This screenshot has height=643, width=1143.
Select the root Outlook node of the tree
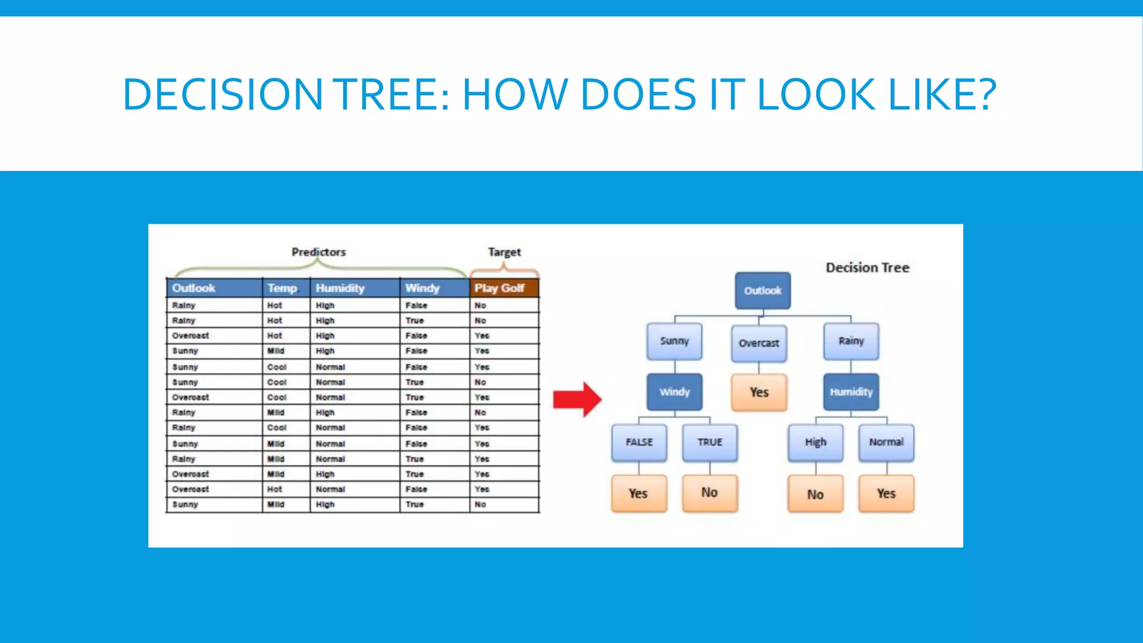point(762,291)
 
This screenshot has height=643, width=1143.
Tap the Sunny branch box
point(674,341)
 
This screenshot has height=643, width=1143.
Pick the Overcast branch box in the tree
point(759,343)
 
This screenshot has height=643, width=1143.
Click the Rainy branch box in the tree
point(851,341)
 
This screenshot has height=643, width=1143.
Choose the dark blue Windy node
point(674,392)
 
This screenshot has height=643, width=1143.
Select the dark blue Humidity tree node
point(851,392)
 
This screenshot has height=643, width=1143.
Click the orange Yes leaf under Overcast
point(759,392)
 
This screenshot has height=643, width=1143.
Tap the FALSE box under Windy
point(639,442)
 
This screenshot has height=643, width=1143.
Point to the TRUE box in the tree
point(709,442)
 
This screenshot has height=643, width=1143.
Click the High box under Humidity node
point(815,442)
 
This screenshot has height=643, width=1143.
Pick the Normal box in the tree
point(886,442)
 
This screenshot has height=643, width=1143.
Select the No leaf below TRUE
point(709,493)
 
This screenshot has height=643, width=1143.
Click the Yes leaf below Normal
point(886,493)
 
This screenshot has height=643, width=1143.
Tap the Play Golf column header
point(503,288)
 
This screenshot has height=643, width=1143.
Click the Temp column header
point(282,288)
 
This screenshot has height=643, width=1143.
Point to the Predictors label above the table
point(319,252)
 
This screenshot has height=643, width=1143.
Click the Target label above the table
point(504,252)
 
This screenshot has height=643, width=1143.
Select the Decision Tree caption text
point(867,268)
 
